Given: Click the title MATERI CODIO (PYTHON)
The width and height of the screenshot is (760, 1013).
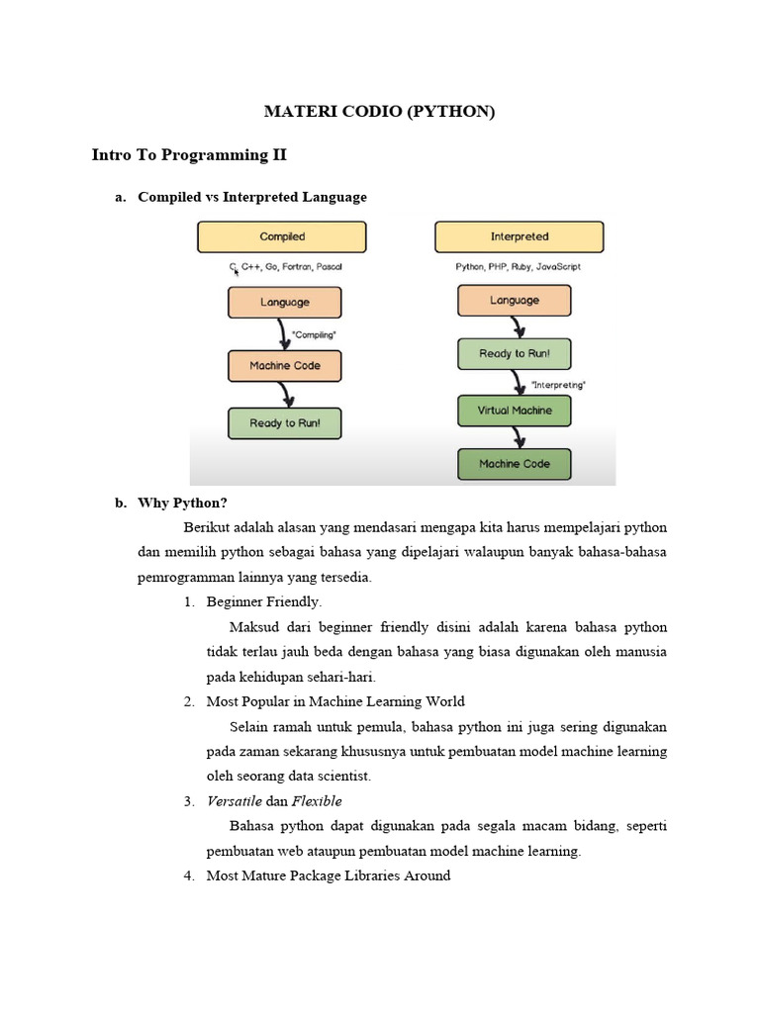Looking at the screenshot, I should click(x=379, y=112).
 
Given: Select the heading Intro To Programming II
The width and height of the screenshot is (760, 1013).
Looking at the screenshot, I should click(x=189, y=155).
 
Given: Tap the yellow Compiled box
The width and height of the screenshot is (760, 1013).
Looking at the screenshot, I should click(x=282, y=236).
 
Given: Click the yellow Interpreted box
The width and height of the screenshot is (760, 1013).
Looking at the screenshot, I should click(x=519, y=236).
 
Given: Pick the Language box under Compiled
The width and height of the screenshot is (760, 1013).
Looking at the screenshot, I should click(x=285, y=303).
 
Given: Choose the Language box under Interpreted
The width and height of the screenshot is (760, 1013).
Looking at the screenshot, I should click(x=514, y=301).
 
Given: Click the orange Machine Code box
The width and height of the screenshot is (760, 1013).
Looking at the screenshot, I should click(x=285, y=365).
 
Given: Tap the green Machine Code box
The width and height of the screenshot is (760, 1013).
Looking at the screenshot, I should click(x=514, y=463).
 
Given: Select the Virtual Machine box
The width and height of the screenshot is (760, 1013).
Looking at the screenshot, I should click(x=514, y=411).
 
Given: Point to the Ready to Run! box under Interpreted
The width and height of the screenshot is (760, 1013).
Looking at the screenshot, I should click(x=514, y=353).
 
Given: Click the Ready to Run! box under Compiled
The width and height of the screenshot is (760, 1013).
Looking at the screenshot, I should click(x=285, y=423).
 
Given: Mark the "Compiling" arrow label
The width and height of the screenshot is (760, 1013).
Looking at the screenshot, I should click(x=315, y=335).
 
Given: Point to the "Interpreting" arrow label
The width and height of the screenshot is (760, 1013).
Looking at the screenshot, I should click(x=558, y=384).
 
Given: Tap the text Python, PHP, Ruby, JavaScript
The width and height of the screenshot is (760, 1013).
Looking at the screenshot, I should click(x=518, y=267).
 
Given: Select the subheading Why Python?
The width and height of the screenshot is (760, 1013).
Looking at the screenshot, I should click(x=182, y=503).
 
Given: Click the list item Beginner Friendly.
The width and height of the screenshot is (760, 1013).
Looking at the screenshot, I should click(x=263, y=601).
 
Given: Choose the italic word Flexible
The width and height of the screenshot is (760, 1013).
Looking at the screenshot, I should click(x=317, y=801).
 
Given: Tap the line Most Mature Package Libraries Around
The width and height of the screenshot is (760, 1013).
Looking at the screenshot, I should click(x=328, y=875).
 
